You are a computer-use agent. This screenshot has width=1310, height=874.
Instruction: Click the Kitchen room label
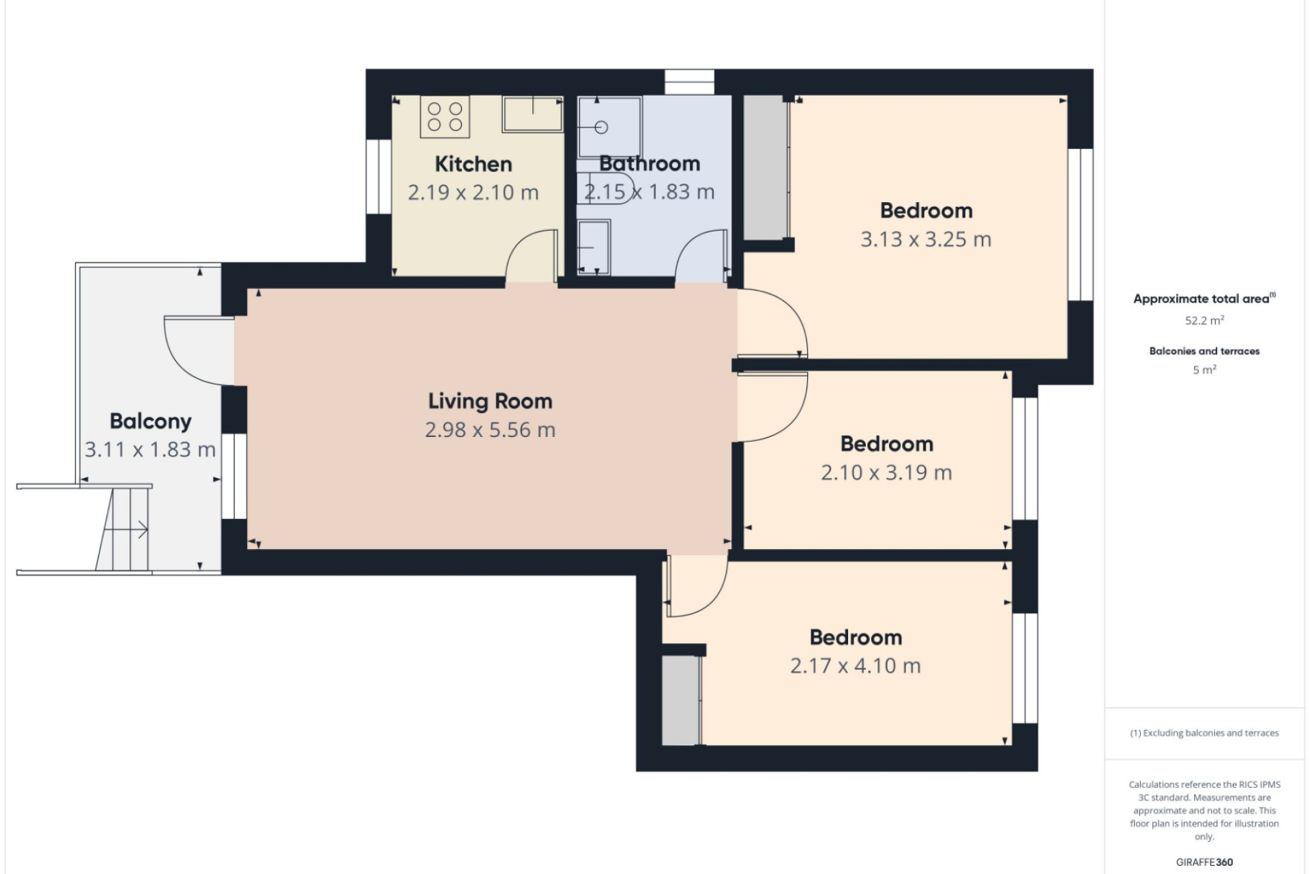point(473,164)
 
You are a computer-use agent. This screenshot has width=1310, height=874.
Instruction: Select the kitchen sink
point(533,113)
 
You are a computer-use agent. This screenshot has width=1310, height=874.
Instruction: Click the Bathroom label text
point(650,163)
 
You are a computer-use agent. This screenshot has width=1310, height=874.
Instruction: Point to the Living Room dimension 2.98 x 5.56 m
point(490,429)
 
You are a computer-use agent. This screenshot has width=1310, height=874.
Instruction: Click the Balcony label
point(150,421)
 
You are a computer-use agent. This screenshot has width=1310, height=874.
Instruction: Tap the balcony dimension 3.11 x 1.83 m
point(150,449)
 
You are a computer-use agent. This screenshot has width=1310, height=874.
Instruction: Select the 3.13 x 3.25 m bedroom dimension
point(925,239)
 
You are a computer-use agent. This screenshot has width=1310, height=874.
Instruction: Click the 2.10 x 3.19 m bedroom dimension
point(886,473)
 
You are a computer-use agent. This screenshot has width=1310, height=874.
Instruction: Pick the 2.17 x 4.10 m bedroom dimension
point(856,666)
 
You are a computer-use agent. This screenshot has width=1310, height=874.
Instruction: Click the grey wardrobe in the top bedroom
point(766,167)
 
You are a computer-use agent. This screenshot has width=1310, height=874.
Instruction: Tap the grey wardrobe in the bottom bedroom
point(682,701)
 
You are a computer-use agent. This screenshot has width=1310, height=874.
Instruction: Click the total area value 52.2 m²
point(1204,320)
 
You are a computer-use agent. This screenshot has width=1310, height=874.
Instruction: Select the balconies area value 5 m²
point(1204,370)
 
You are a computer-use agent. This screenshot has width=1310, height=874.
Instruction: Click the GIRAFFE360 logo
point(1204,862)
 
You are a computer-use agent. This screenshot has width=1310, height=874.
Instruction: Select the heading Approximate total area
point(1201,298)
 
